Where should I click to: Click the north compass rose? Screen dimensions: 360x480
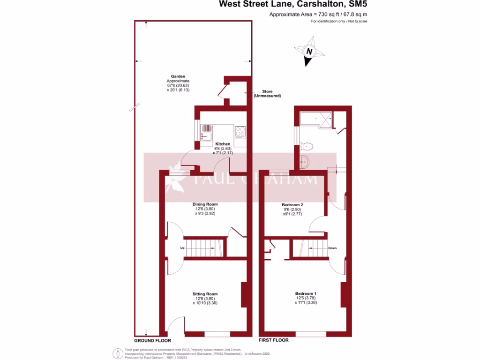(x=308, y=52)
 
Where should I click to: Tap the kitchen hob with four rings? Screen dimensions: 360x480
(x=240, y=132)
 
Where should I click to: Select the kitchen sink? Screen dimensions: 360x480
(x=206, y=132)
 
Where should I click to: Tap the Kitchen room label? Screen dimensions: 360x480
(x=223, y=144)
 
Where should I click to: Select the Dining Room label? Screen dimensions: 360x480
(x=205, y=204)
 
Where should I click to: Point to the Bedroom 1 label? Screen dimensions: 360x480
(x=306, y=293)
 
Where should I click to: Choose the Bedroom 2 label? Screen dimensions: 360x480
(x=292, y=205)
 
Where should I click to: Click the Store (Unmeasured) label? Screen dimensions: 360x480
(x=267, y=93)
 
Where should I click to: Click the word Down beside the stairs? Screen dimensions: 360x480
(x=332, y=248)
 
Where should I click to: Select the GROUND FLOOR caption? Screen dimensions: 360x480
(x=152, y=341)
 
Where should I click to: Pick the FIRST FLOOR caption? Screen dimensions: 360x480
(x=274, y=341)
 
